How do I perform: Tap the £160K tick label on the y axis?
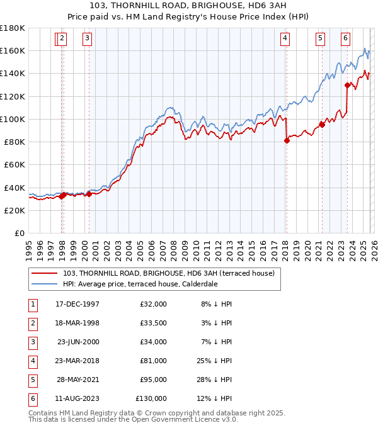tap(13, 50)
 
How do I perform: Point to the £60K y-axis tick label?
tap(14, 164)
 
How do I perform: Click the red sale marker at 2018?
tap(287, 140)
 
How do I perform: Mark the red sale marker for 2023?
tap(347, 85)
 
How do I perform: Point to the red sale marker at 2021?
tap(322, 124)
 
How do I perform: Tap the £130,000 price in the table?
tap(151, 398)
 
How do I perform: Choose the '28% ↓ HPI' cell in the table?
tap(214, 380)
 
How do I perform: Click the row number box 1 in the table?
tap(31, 304)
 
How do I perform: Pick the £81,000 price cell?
tap(153, 361)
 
